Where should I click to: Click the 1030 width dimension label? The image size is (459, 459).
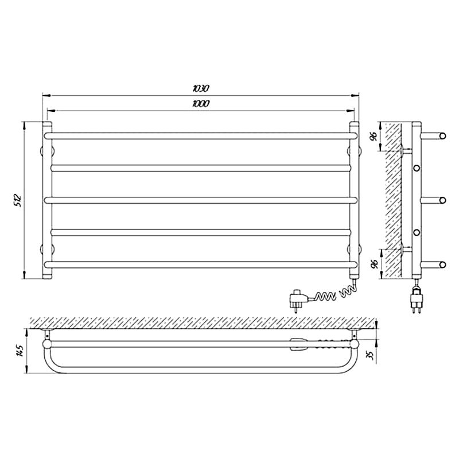click(x=201, y=88)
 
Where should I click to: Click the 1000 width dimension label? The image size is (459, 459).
click(x=201, y=103)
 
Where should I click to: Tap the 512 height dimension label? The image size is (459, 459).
click(x=18, y=200)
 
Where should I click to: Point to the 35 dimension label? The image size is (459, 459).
click(x=371, y=355)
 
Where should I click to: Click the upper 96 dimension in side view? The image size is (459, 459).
click(x=374, y=137)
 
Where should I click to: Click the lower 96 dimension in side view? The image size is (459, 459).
click(x=374, y=264)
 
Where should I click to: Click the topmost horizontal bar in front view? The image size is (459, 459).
click(x=201, y=136)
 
